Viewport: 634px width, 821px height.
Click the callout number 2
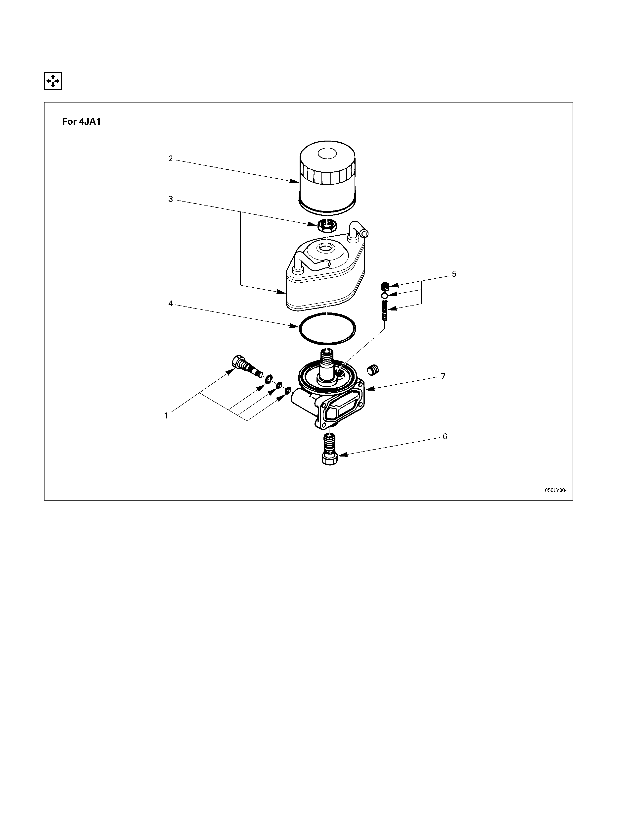pos(171,159)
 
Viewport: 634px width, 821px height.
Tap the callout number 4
pos(171,304)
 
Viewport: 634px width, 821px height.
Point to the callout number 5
pos(454,274)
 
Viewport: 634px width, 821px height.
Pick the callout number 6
pos(445,436)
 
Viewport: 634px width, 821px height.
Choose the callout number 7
pos(443,376)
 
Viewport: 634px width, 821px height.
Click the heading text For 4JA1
pos(82,122)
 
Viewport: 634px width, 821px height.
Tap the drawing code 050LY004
pos(557,490)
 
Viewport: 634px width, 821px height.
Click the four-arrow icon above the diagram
pos(53,81)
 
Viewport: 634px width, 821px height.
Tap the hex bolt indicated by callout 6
pos(329,449)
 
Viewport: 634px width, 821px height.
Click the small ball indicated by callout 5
pos(384,296)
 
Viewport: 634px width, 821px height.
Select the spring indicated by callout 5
pos(384,310)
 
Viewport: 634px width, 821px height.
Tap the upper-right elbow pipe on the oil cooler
pos(358,230)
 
